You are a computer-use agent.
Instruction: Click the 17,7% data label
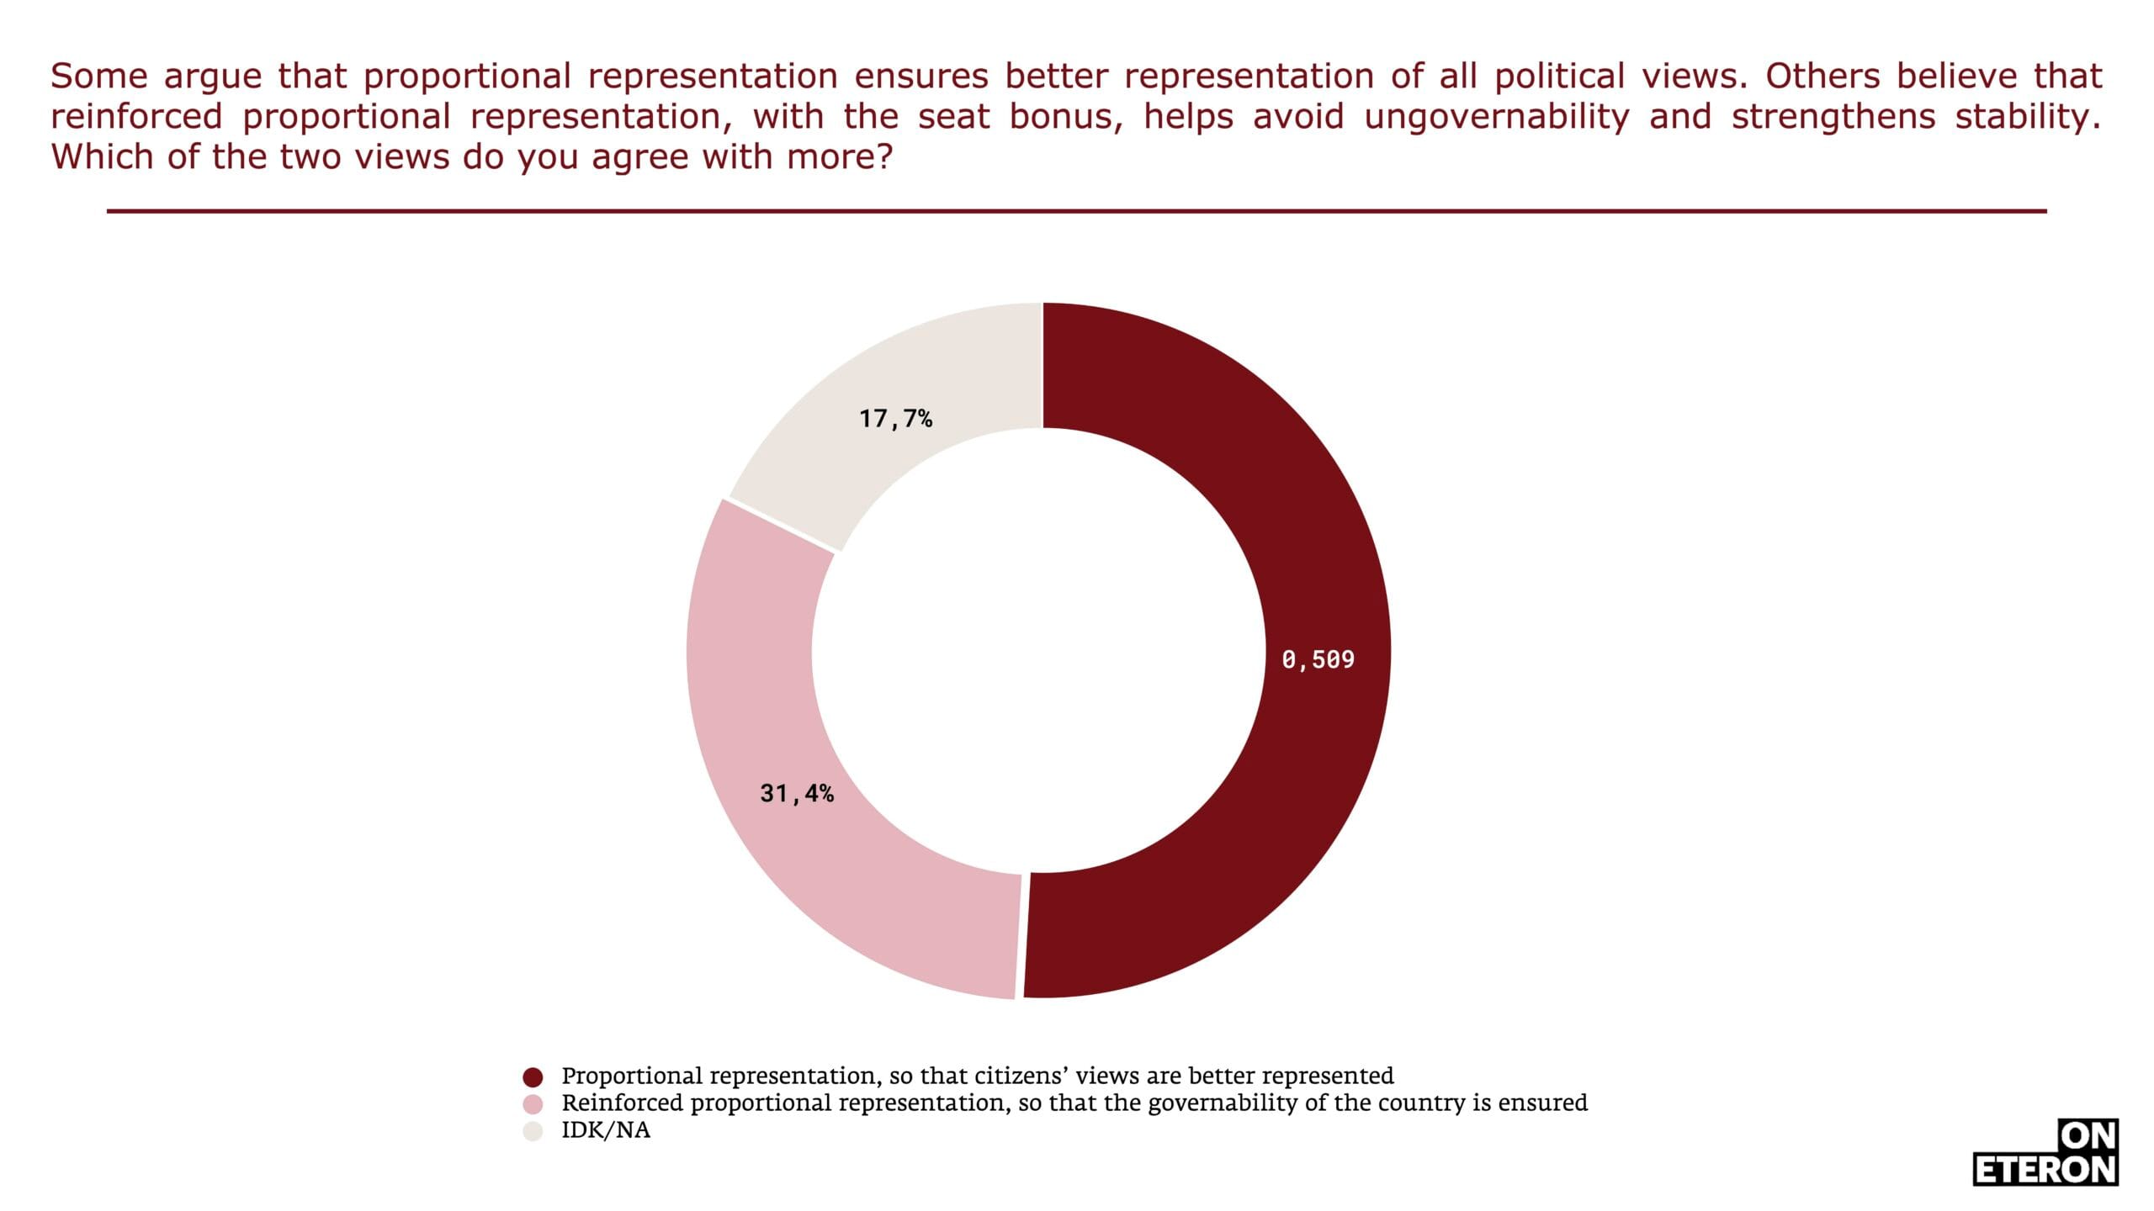[x=895, y=418]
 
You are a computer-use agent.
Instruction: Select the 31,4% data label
[x=797, y=793]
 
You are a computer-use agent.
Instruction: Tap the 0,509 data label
[x=1318, y=659]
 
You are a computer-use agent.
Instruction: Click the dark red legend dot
[x=533, y=1077]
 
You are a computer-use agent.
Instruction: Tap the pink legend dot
[x=533, y=1104]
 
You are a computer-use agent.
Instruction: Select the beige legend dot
[x=533, y=1131]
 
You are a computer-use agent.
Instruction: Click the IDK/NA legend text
[x=606, y=1130]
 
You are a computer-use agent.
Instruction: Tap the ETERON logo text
[x=2045, y=1170]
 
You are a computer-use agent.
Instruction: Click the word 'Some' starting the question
[x=98, y=77]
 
